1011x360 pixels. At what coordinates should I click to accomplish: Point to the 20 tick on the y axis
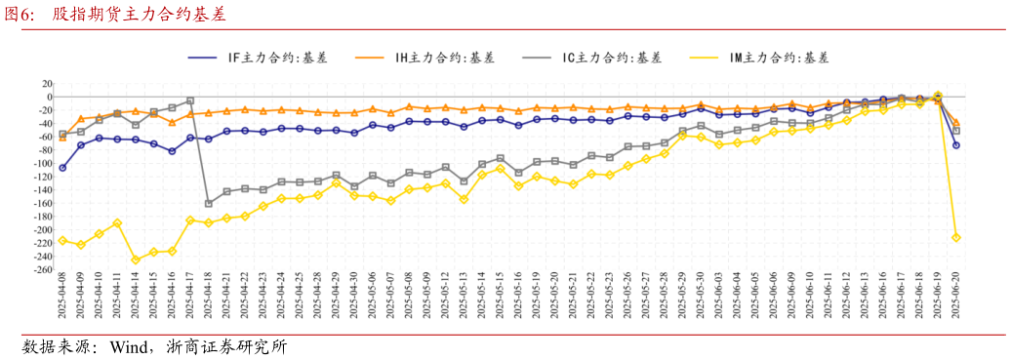(x=45, y=84)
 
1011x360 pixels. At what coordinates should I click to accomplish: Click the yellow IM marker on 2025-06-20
(x=956, y=237)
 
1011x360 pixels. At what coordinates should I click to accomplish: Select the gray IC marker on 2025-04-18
(x=208, y=204)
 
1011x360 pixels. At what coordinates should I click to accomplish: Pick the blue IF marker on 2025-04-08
(x=62, y=168)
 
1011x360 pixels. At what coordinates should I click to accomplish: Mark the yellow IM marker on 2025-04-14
(x=136, y=260)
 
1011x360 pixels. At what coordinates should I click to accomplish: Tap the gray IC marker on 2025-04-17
(x=190, y=100)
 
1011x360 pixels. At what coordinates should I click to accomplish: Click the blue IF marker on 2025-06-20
(x=956, y=145)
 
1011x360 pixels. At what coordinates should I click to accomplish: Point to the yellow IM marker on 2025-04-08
(x=62, y=240)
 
